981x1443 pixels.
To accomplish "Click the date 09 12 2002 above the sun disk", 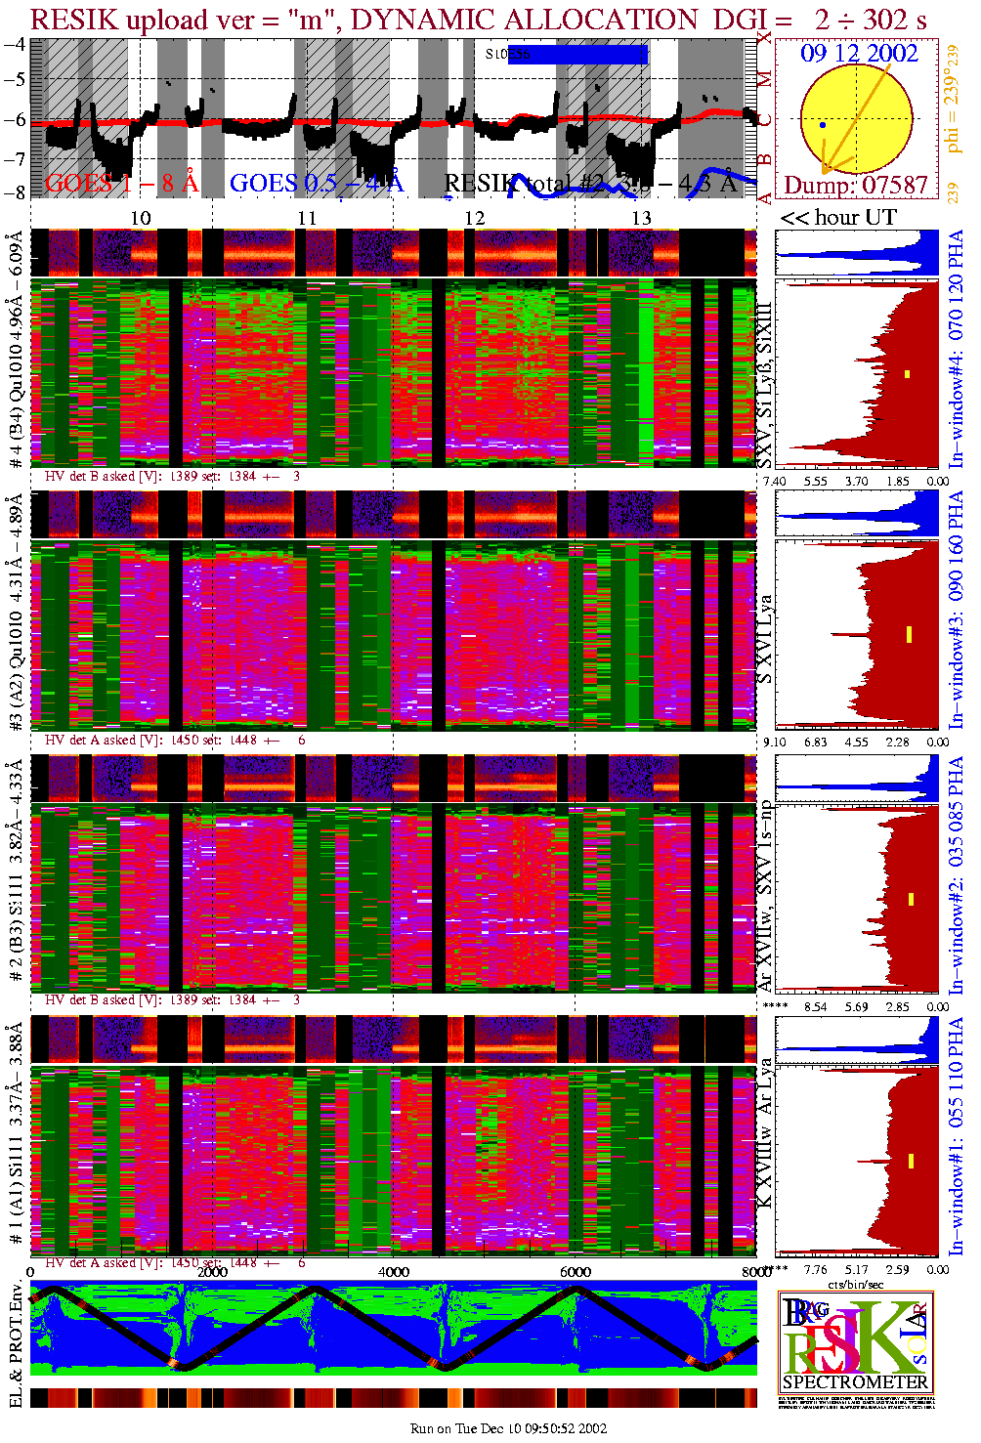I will point(859,54).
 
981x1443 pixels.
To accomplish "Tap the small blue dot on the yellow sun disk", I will point(823,125).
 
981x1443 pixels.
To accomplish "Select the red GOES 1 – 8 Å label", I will point(121,183).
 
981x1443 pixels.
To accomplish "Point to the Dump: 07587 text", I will point(856,186).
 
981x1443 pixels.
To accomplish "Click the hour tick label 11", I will point(308,218).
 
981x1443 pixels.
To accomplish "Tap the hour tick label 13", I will point(641,218).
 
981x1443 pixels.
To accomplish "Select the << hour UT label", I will point(838,218).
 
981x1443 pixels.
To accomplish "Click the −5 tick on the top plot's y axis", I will point(15,79).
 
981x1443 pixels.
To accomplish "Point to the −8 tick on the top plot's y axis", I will point(15,192).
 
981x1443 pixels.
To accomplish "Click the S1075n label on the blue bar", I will point(507,55).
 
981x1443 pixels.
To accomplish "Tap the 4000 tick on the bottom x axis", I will point(394,1272).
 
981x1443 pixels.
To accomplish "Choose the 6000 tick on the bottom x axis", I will point(576,1272).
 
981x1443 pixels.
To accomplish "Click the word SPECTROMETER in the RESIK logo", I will point(855,1382).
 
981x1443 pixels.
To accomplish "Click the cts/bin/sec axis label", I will point(855,1284).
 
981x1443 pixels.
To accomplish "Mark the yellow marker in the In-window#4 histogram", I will point(907,374).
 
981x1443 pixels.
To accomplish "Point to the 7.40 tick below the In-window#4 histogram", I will point(774,481).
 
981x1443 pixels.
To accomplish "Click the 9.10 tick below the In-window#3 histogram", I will point(774,743).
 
